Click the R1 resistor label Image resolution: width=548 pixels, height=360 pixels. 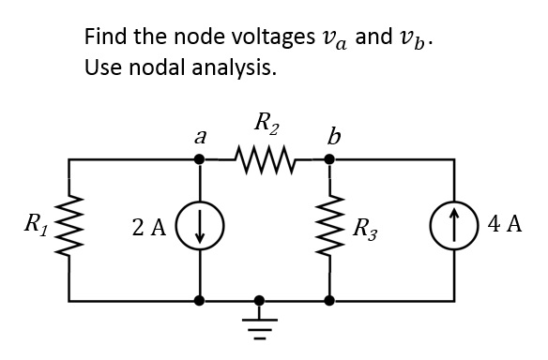pos(38,226)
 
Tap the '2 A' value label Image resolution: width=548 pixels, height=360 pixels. pos(149,227)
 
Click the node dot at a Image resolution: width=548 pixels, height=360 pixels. pos(199,159)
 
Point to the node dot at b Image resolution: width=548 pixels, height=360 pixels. pos(328,159)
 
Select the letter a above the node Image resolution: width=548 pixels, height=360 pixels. pos(199,136)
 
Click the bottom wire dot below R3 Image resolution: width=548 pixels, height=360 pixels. pos(328,302)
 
